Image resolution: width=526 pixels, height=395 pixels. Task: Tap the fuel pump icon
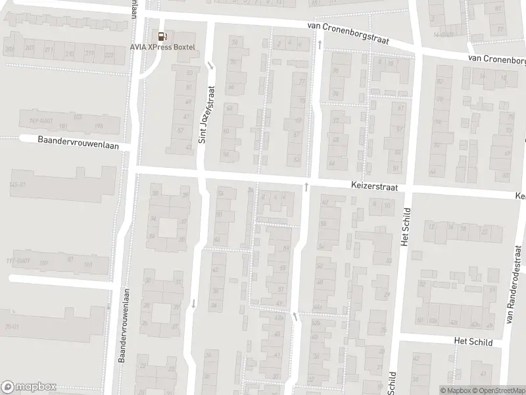(x=161, y=36)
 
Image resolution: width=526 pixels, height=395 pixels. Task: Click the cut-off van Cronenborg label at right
(x=497, y=59)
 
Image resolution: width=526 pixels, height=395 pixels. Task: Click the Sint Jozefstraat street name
(x=207, y=114)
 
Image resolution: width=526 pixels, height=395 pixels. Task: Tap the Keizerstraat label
(x=375, y=187)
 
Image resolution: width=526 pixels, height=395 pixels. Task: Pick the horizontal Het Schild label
(x=473, y=341)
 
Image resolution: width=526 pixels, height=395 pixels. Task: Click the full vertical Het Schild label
(x=404, y=228)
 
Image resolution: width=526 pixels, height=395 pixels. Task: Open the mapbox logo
(x=29, y=386)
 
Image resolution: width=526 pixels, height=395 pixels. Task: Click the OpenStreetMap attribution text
(x=498, y=390)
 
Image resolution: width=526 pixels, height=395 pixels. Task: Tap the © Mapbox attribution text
(x=456, y=390)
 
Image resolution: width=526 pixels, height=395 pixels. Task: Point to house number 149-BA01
(x=41, y=120)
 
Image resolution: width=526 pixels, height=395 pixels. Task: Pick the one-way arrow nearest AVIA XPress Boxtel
(x=210, y=65)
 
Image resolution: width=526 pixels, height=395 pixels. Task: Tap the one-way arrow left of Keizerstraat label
(x=306, y=188)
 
